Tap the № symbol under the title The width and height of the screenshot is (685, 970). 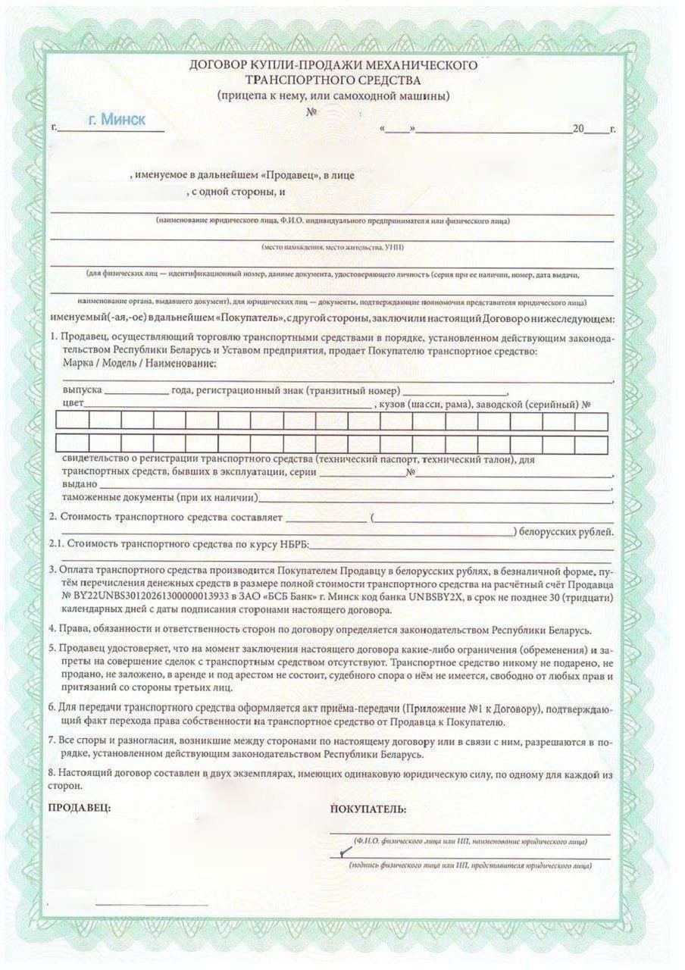[311, 112]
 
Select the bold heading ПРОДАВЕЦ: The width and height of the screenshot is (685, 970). [80, 808]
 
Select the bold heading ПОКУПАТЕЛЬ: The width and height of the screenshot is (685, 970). [369, 809]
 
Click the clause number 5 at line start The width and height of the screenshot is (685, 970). [51, 651]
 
